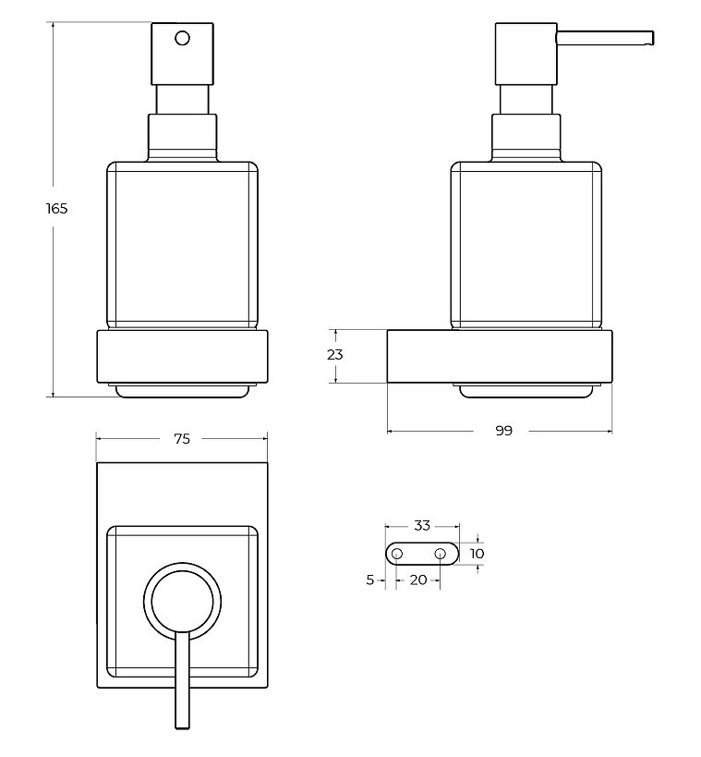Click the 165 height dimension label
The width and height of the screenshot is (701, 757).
57,209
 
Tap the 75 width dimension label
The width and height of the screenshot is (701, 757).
182,439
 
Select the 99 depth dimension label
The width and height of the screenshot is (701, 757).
503,431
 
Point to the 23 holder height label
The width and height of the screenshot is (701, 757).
335,355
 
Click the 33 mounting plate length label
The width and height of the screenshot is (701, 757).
422,525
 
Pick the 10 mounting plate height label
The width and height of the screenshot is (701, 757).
477,554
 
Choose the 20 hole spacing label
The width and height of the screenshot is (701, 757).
418,580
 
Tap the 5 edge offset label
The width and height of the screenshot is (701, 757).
370,580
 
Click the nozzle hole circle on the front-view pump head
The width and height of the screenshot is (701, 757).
182,38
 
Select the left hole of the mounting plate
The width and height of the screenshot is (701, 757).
396,554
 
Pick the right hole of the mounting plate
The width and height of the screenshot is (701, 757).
440,554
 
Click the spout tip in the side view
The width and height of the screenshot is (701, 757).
651,39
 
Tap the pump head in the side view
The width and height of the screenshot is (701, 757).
526,54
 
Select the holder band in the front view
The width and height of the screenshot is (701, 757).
182,357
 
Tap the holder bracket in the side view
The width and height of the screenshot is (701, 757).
500,357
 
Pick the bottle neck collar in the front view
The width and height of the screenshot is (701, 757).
182,137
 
